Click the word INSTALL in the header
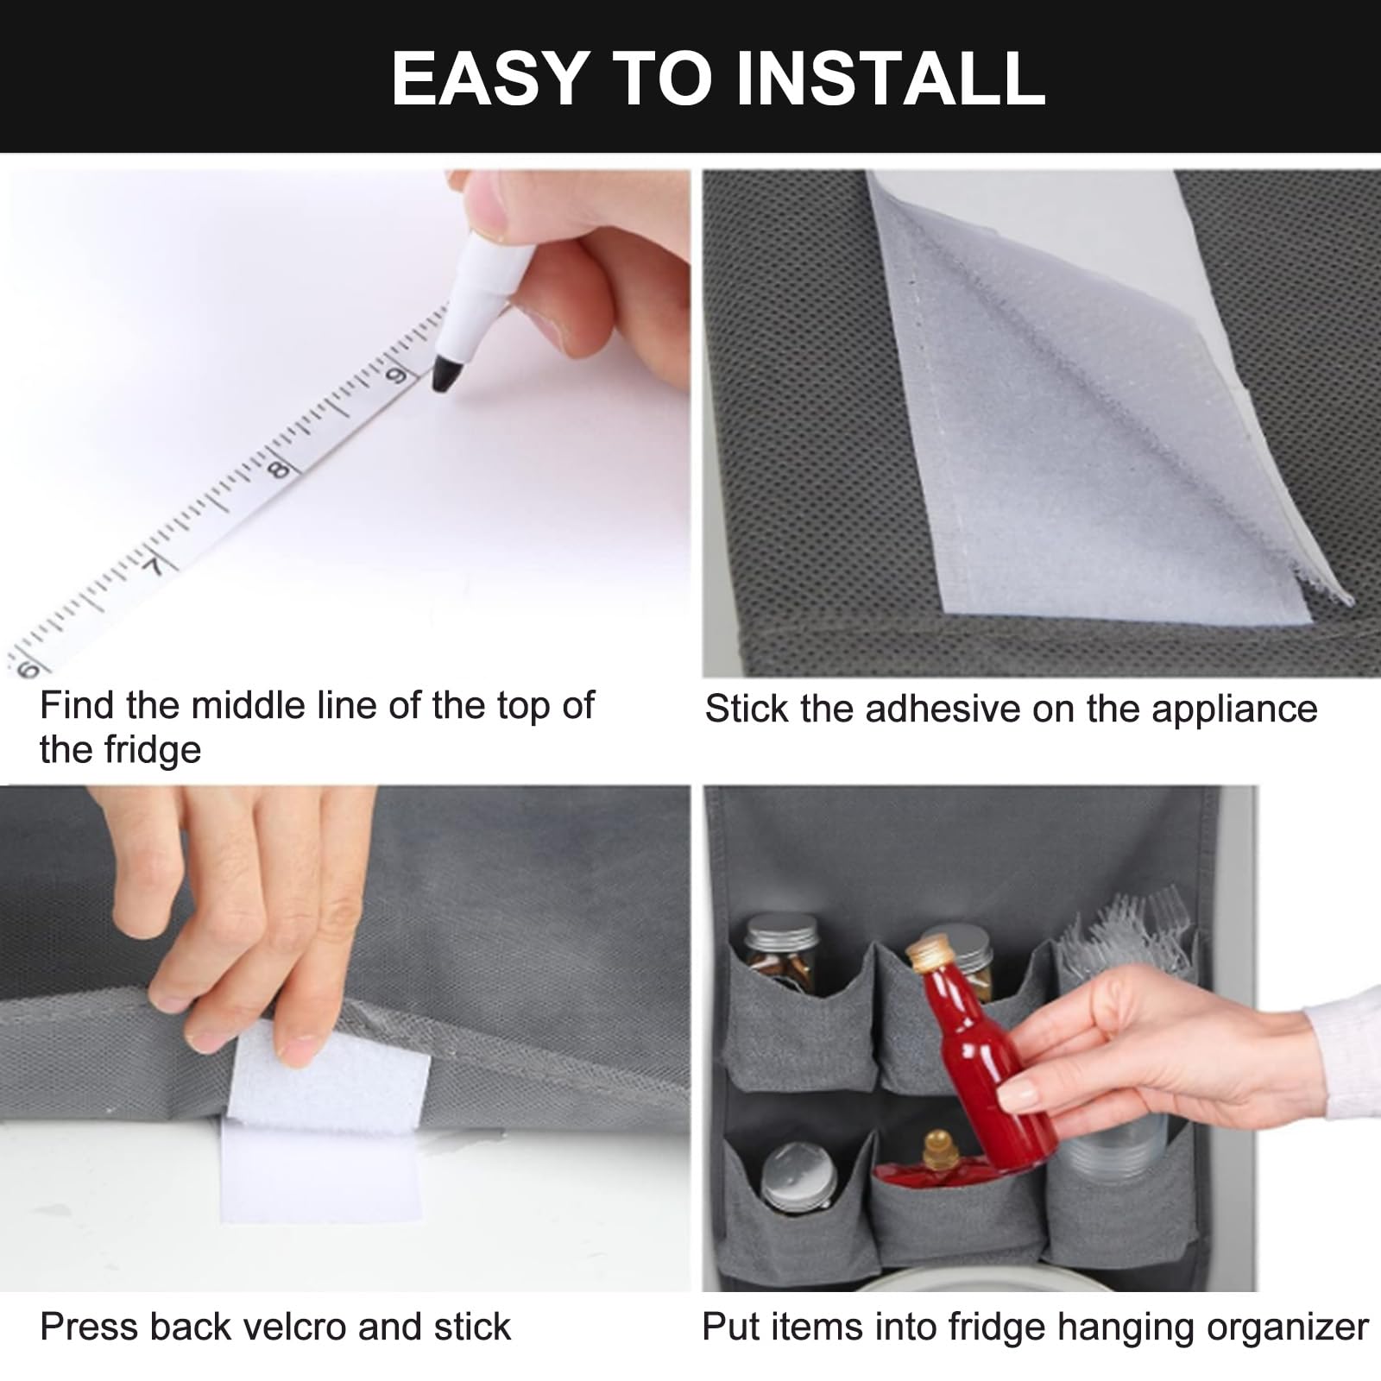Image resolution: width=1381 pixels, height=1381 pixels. click(891, 78)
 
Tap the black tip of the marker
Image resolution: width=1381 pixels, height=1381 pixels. click(445, 376)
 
